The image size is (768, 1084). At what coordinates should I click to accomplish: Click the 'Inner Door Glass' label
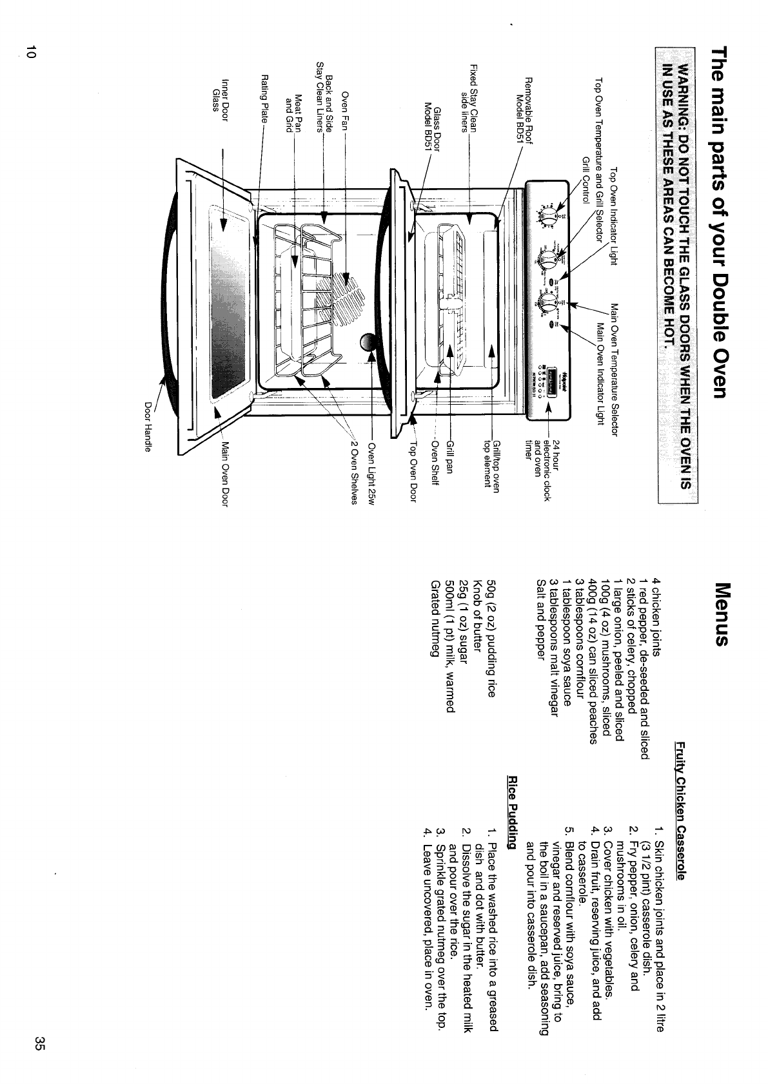click(x=221, y=95)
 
